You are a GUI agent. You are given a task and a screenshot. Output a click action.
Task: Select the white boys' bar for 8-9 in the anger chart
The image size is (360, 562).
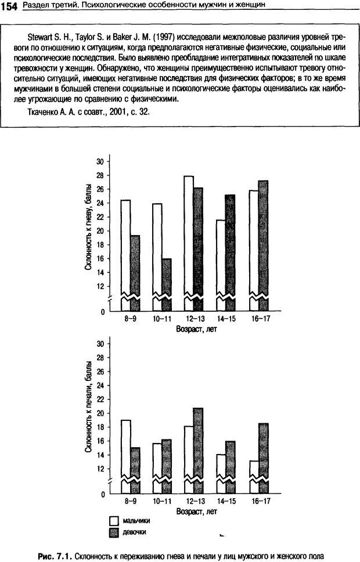[125, 250]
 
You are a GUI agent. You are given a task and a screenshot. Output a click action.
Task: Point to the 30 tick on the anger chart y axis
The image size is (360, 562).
[99, 161]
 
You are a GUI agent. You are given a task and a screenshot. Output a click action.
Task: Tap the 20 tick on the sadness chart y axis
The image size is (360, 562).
[99, 413]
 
